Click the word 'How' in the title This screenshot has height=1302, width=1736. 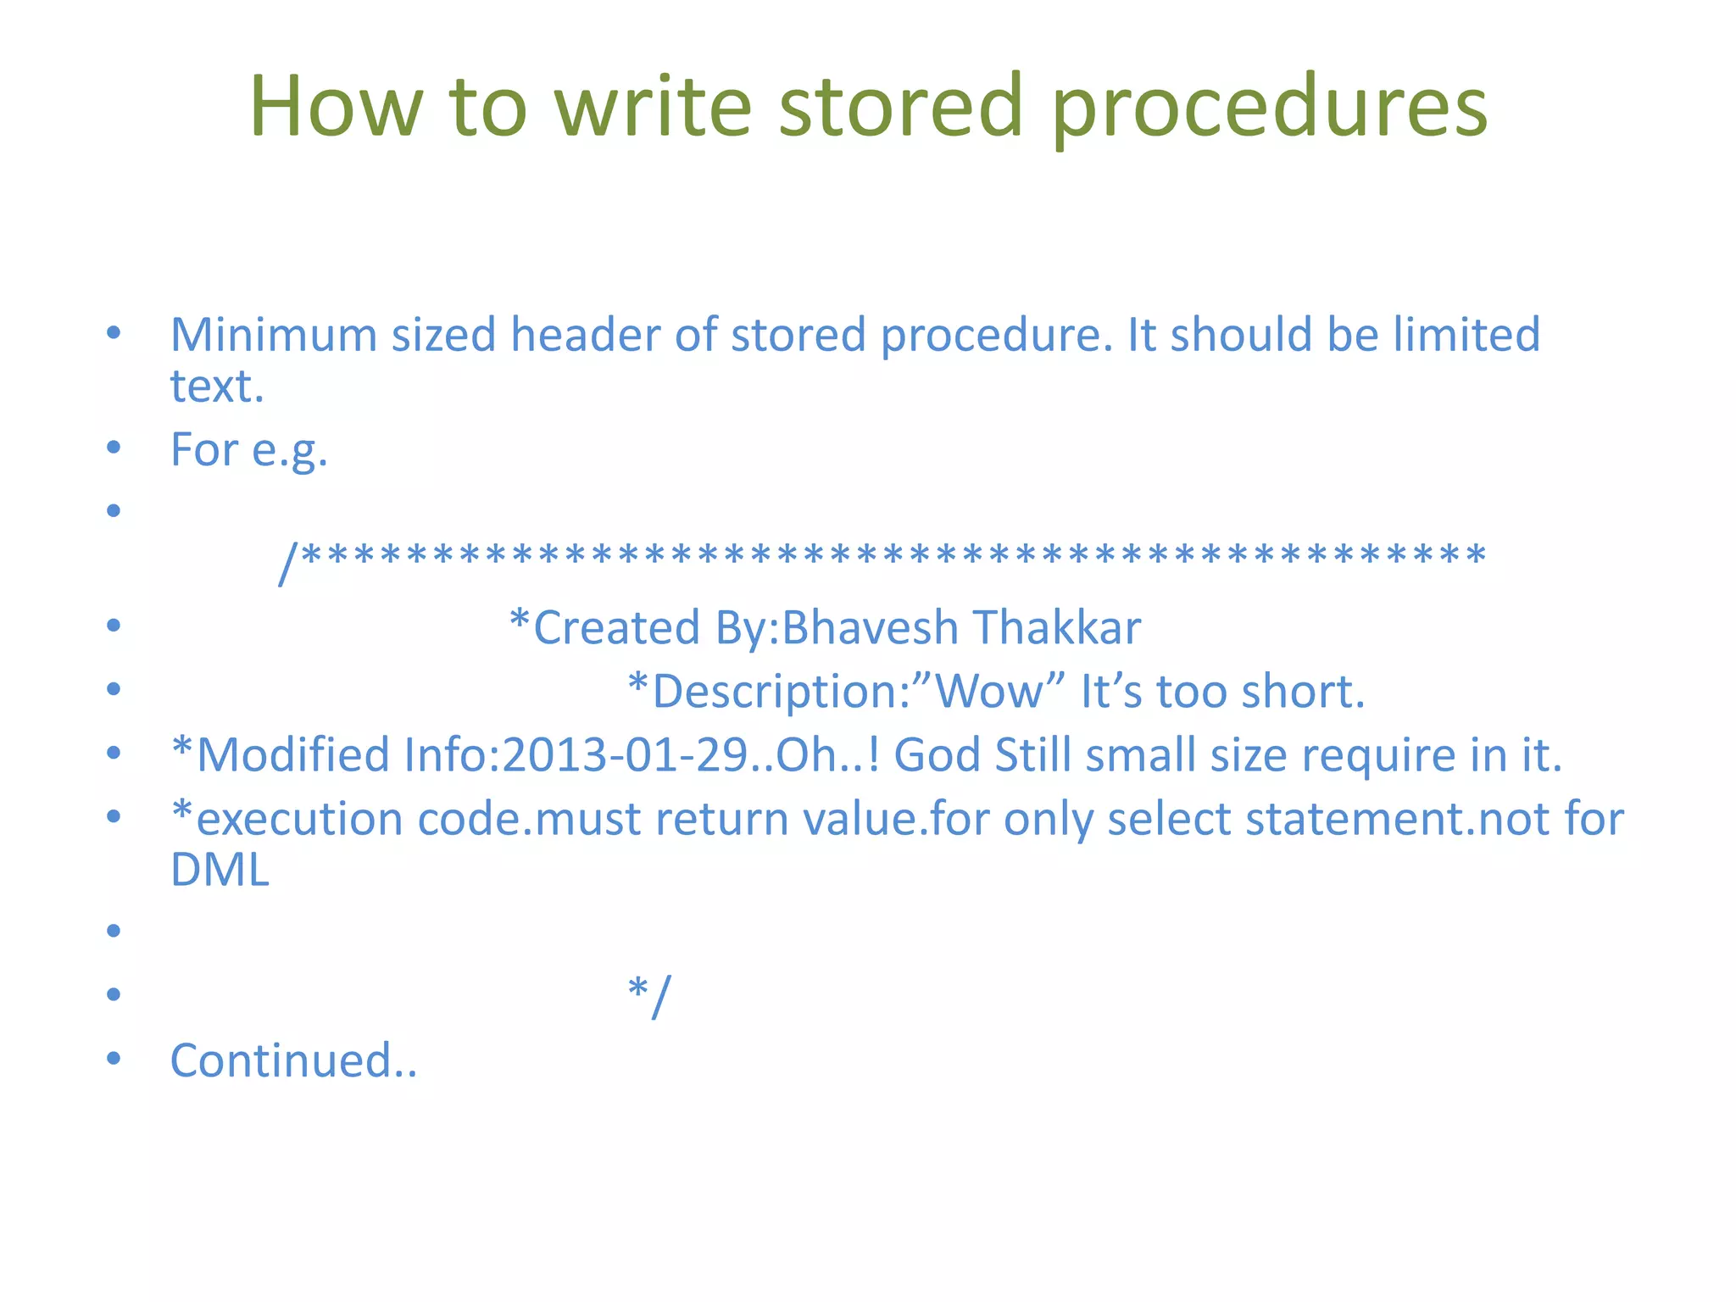(x=335, y=108)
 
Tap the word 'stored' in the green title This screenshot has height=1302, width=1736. (x=900, y=108)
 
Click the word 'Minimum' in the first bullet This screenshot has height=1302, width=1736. (x=273, y=335)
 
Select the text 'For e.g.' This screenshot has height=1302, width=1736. (x=248, y=450)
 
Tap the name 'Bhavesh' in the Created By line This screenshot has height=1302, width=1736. (x=869, y=628)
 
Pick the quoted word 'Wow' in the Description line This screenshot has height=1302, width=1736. (x=989, y=691)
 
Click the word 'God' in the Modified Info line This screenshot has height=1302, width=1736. (x=938, y=755)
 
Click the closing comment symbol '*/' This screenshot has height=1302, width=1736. (x=649, y=995)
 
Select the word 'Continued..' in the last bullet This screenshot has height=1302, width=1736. (x=293, y=1060)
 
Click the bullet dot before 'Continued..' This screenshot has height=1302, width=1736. (x=114, y=1058)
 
